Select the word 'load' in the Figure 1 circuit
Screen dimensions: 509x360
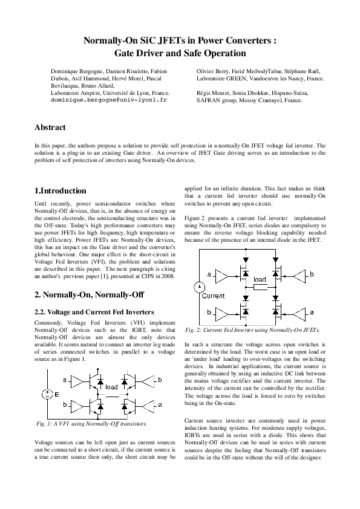click(112, 387)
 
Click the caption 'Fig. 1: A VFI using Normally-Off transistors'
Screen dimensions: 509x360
click(91, 424)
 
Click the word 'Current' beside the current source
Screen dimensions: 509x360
click(213, 297)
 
